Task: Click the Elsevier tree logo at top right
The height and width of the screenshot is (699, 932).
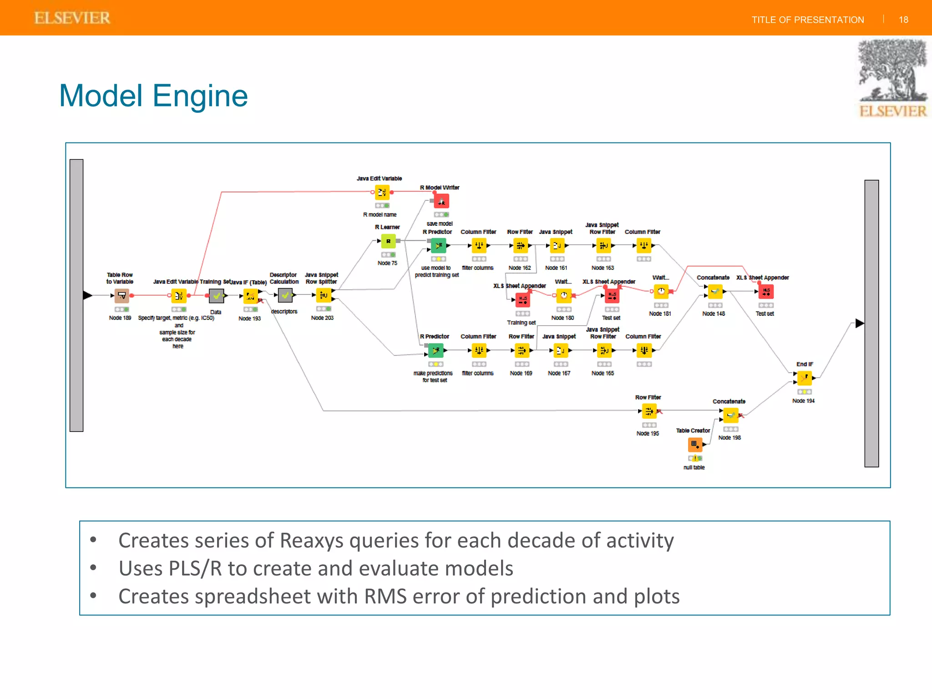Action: [892, 77]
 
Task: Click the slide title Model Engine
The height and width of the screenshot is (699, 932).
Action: [153, 96]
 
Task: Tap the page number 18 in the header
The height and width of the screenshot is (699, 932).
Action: [903, 20]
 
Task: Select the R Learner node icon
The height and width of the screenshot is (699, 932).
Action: [388, 241]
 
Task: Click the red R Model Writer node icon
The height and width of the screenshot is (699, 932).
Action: [441, 201]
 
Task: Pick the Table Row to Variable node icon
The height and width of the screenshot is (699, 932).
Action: [122, 296]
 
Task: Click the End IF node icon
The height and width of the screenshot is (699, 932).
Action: [804, 378]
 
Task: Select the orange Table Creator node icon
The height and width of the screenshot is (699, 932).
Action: [694, 444]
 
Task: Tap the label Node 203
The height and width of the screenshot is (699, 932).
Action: [322, 318]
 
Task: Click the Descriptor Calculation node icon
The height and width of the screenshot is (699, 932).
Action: [285, 296]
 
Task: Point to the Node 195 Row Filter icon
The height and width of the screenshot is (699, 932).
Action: [649, 411]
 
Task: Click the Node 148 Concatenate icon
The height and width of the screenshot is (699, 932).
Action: [714, 291]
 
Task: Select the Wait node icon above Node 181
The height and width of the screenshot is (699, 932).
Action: [661, 291]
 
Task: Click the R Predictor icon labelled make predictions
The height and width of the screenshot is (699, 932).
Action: [436, 350]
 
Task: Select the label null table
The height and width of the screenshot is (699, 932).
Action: [694, 467]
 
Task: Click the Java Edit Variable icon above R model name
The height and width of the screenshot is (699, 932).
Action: [382, 192]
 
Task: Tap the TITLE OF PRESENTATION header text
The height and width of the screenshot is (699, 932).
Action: [807, 20]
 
